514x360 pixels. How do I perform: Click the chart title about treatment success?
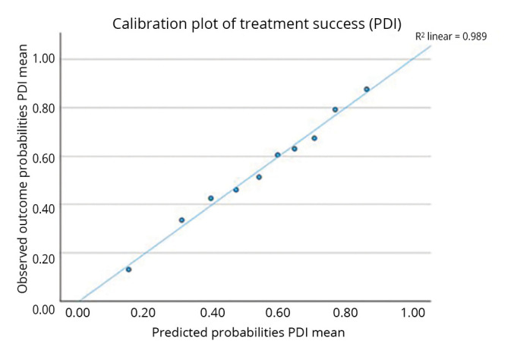(x=257, y=24)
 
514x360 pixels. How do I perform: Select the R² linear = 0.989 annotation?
(x=451, y=36)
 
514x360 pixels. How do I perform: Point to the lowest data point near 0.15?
(x=128, y=270)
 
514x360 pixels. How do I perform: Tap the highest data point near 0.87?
(x=367, y=89)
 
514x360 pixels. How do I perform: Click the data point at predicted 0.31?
(x=181, y=220)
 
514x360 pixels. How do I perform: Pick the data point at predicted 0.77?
(x=335, y=109)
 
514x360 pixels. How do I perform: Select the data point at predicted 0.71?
(x=314, y=138)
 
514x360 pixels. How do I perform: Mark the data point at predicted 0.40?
(x=211, y=198)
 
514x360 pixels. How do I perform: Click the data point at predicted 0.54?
(x=259, y=177)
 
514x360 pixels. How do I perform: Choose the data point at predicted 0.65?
(x=295, y=149)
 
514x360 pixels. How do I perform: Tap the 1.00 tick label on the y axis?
(x=43, y=59)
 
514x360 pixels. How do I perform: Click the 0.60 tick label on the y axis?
(x=43, y=159)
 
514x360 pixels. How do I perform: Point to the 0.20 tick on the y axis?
(x=43, y=259)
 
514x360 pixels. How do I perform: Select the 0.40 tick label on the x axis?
(x=213, y=313)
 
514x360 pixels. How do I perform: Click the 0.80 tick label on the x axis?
(x=345, y=313)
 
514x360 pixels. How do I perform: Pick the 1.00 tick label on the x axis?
(x=413, y=313)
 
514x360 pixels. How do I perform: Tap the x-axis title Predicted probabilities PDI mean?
(x=248, y=333)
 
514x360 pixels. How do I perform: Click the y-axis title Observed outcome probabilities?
(x=22, y=169)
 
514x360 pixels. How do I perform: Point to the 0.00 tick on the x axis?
(x=77, y=313)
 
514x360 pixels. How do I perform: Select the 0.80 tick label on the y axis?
(x=43, y=109)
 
